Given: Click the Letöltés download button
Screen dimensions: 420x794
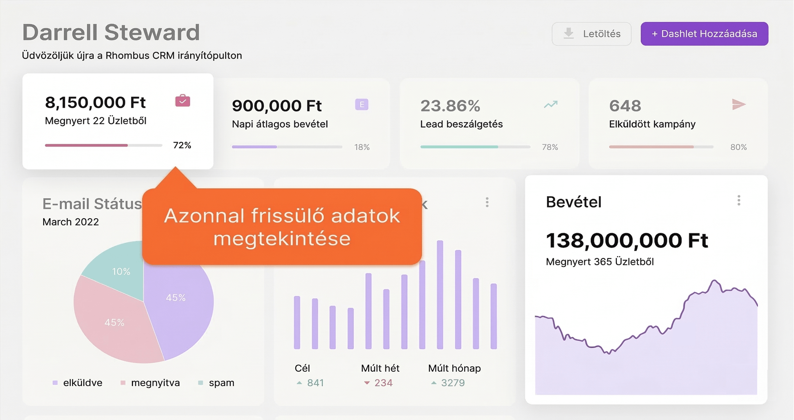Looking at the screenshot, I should pyautogui.click(x=591, y=34).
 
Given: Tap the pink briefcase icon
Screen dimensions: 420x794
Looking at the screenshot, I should pyautogui.click(x=183, y=101).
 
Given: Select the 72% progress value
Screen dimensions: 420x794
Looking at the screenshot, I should pyautogui.click(x=182, y=145).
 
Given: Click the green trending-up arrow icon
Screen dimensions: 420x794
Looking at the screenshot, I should pyautogui.click(x=551, y=104).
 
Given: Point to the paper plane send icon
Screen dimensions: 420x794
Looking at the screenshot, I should pyautogui.click(x=739, y=104).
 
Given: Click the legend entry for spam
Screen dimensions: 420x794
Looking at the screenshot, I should pyautogui.click(x=216, y=383).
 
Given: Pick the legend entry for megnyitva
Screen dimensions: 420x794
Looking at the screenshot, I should pyautogui.click(x=150, y=383).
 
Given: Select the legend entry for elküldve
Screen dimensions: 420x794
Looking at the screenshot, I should pyautogui.click(x=78, y=383).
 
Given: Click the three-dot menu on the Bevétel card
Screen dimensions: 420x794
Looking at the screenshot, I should pyautogui.click(x=739, y=200).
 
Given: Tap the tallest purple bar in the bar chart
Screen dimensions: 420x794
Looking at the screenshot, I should pyautogui.click(x=440, y=295).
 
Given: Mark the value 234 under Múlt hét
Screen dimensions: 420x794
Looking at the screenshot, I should pyautogui.click(x=383, y=383).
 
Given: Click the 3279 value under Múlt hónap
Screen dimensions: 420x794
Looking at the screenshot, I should pyautogui.click(x=453, y=383).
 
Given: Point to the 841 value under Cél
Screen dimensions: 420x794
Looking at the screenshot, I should pyautogui.click(x=315, y=383).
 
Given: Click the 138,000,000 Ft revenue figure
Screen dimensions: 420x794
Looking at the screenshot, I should pyautogui.click(x=627, y=240).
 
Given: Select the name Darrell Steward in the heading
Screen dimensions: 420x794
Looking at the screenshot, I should pyautogui.click(x=111, y=32).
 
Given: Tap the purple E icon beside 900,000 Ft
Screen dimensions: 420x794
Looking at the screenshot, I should pyautogui.click(x=362, y=104).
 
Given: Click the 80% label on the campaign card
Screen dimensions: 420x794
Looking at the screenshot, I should pyautogui.click(x=738, y=147).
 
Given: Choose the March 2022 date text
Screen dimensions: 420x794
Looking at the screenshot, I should pyautogui.click(x=71, y=222).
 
